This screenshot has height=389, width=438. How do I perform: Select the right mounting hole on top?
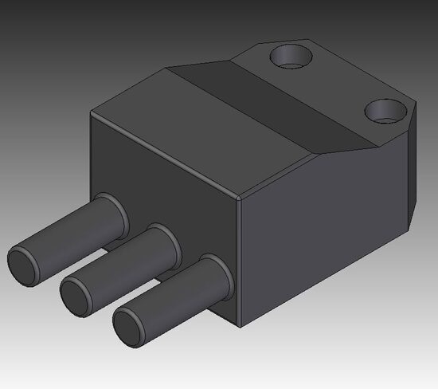(386, 109)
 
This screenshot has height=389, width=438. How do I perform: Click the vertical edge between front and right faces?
(240, 263)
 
